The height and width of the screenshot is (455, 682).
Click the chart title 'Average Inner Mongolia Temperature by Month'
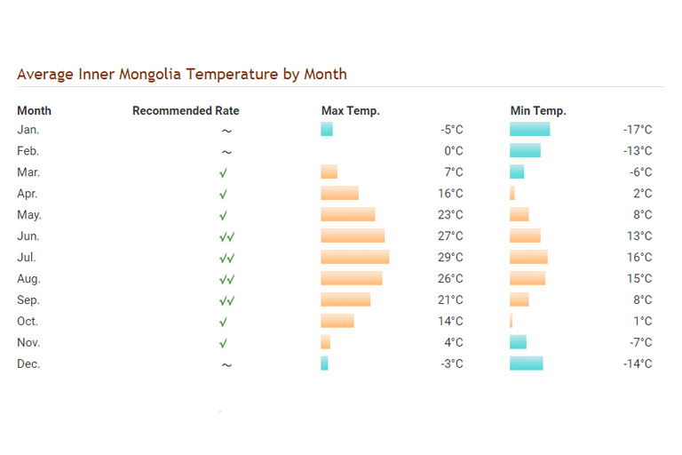pyautogui.click(x=182, y=75)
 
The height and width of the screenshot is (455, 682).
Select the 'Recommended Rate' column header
pyautogui.click(x=186, y=110)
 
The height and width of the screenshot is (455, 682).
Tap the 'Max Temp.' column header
pyautogui.click(x=350, y=110)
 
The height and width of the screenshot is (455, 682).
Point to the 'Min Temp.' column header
pyautogui.click(x=538, y=110)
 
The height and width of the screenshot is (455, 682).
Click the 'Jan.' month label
pyautogui.click(x=28, y=130)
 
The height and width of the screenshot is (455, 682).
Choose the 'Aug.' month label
pyautogui.click(x=28, y=279)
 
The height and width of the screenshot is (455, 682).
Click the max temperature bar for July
pyautogui.click(x=355, y=257)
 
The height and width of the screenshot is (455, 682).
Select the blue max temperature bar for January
pyautogui.click(x=327, y=129)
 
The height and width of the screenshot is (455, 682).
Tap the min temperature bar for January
pyautogui.click(x=530, y=129)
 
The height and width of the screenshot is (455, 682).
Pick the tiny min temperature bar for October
pyautogui.click(x=511, y=321)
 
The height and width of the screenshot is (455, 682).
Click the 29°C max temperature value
pyautogui.click(x=450, y=258)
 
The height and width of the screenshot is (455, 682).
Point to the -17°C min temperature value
pyautogui.click(x=638, y=130)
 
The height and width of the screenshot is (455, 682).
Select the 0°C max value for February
pyautogui.click(x=454, y=151)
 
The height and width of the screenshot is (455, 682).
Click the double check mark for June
pyautogui.click(x=227, y=237)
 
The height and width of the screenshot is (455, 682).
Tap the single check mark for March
pyautogui.click(x=223, y=173)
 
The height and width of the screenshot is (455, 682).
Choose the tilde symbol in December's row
pyautogui.click(x=226, y=365)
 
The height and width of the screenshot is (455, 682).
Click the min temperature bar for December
pyautogui.click(x=527, y=363)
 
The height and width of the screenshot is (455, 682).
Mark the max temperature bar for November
pyautogui.click(x=325, y=342)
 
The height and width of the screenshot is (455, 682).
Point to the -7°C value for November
pyautogui.click(x=640, y=342)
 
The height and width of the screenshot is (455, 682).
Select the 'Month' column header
pyautogui.click(x=34, y=110)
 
